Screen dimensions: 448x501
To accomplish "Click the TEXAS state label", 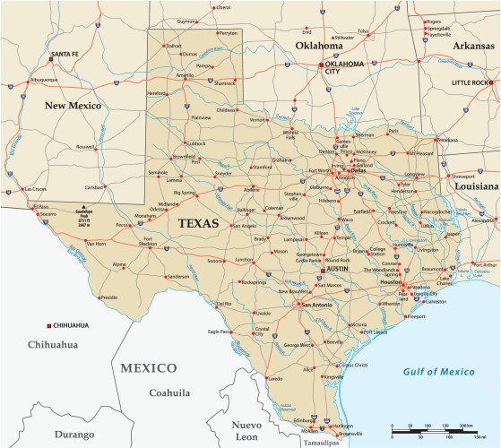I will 198,223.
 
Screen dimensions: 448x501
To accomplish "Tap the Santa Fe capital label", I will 65,55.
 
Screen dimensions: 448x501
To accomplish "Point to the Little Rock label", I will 471,82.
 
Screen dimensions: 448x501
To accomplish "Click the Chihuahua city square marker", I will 50,325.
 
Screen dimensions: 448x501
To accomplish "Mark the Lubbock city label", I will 195,142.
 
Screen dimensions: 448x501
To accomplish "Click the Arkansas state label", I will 452,45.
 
